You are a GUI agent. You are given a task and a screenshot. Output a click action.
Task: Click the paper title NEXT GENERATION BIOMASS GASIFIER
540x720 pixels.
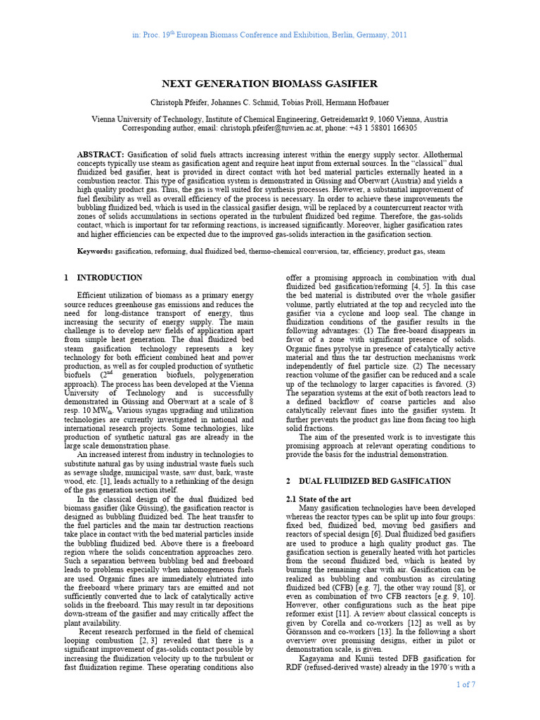(x=270, y=83)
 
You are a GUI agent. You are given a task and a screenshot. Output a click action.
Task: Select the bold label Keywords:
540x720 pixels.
(x=94, y=251)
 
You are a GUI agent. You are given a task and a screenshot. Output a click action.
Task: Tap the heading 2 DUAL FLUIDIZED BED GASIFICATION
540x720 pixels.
(x=368, y=481)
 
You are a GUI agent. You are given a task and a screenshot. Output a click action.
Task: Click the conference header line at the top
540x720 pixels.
(x=269, y=35)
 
